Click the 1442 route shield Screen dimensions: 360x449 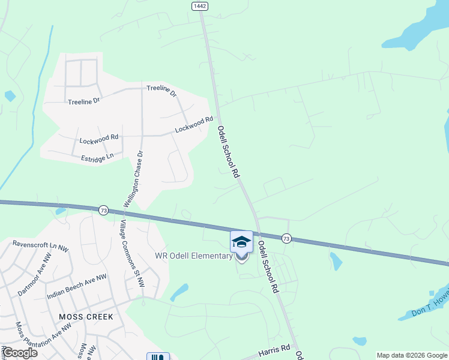tap(200, 5)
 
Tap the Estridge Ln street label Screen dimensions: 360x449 tap(97, 157)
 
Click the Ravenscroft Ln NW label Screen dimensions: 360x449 tap(39, 245)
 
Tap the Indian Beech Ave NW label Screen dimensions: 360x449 tap(76, 287)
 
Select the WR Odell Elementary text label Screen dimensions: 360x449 tap(193, 256)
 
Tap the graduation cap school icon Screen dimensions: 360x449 tap(241, 242)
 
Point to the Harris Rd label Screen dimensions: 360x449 tap(274, 348)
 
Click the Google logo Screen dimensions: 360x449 tap(19, 352)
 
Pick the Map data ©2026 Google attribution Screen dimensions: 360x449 tap(412, 355)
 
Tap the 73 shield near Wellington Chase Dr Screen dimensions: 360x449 tap(104, 210)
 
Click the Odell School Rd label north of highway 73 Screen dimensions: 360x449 tap(228, 151)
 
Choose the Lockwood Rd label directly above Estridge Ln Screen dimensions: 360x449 tap(99, 139)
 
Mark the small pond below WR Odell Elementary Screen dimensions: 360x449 tap(178, 292)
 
